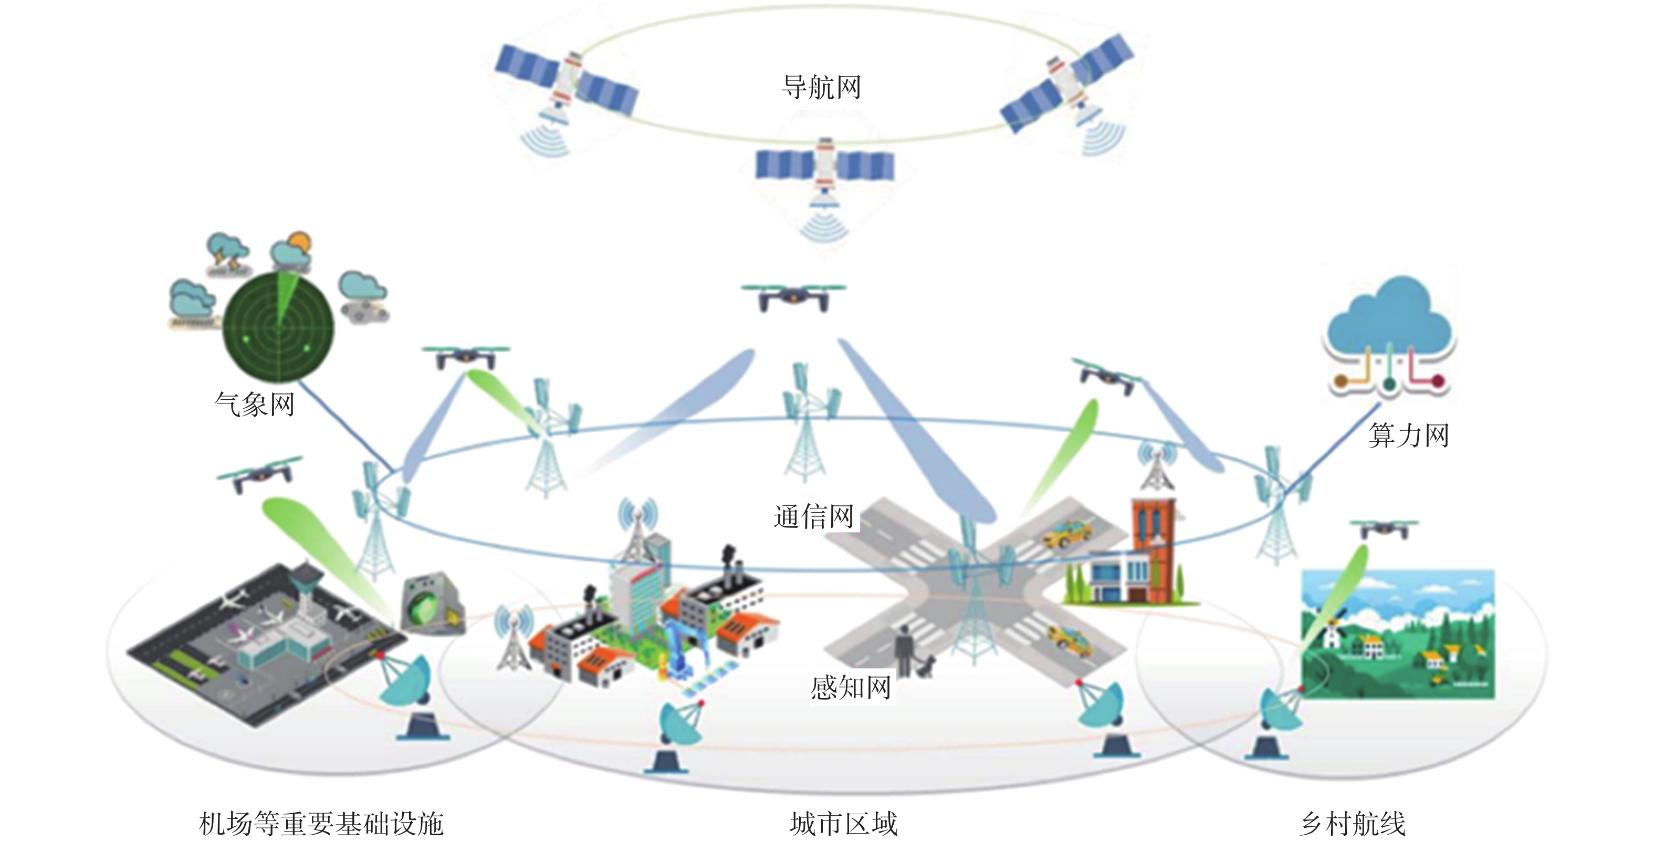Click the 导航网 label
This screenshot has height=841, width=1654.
(821, 87)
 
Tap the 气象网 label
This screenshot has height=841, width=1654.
(254, 404)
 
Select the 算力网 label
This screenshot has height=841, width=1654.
(1409, 435)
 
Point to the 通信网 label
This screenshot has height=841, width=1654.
(813, 516)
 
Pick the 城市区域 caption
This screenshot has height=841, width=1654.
(843, 823)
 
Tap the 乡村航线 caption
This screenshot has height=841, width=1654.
(1353, 823)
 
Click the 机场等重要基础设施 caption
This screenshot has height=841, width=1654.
(321, 823)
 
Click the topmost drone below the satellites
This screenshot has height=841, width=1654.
(793, 297)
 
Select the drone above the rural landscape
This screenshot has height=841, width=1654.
(1384, 529)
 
